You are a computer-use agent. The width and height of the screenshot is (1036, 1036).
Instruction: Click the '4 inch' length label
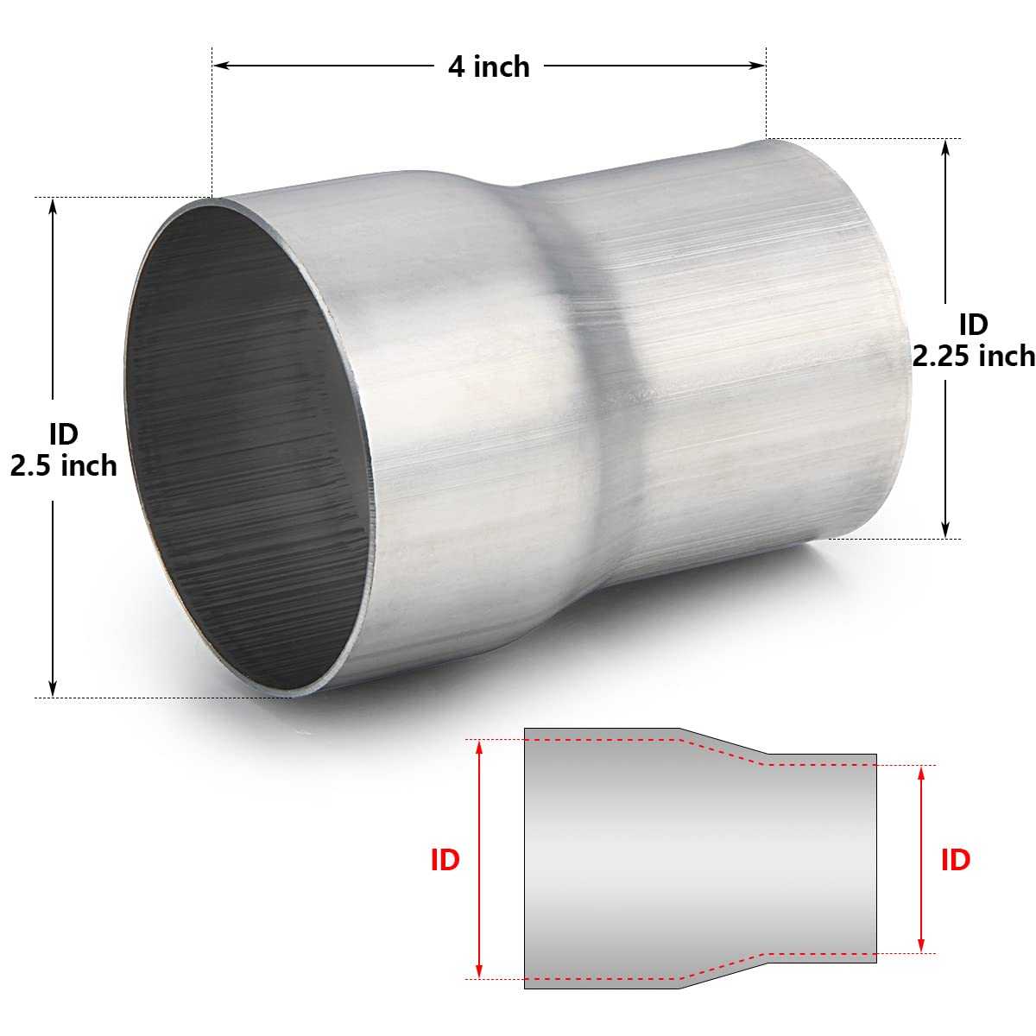(489, 66)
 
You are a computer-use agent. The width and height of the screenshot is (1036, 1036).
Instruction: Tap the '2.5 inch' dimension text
(63, 466)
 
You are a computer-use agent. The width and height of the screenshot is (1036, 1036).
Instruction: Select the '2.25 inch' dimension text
(974, 355)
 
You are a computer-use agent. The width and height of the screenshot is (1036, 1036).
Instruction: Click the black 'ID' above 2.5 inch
(63, 432)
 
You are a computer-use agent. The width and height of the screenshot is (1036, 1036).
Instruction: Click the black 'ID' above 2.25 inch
(973, 325)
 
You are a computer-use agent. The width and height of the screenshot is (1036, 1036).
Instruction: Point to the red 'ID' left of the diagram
(445, 860)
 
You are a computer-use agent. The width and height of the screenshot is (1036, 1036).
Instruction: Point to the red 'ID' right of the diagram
(955, 860)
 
